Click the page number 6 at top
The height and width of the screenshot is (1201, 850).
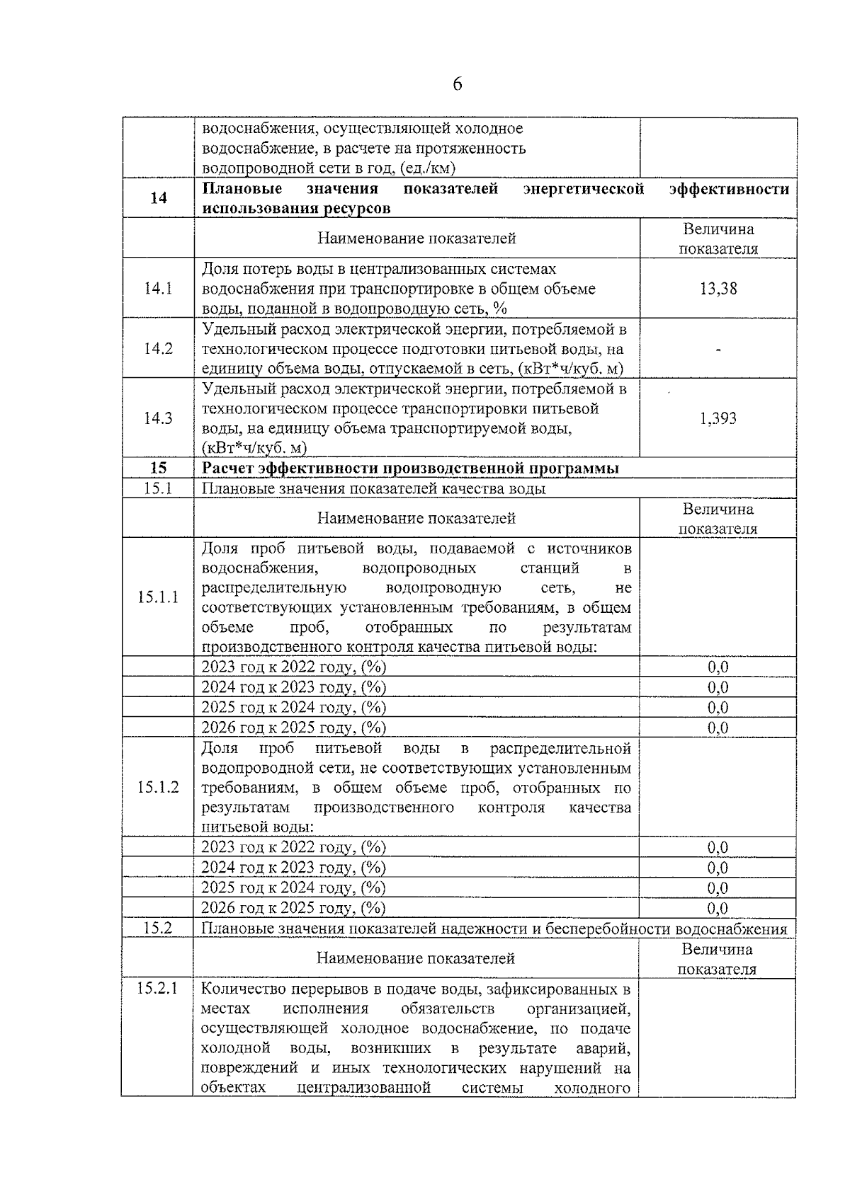pyautogui.click(x=457, y=85)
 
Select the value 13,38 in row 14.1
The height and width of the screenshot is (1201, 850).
pyautogui.click(x=718, y=289)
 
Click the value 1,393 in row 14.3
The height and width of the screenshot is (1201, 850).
pyautogui.click(x=718, y=419)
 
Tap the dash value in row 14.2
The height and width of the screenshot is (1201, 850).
pyautogui.click(x=718, y=350)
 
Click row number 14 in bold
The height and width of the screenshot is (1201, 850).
pyautogui.click(x=159, y=198)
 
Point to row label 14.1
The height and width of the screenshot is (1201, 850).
pyautogui.click(x=159, y=289)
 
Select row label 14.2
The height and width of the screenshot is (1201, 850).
pyautogui.click(x=159, y=349)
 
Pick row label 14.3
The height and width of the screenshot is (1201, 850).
pyautogui.click(x=159, y=418)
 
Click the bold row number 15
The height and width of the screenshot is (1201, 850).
pyautogui.click(x=159, y=469)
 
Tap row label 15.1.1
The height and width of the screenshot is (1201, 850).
pyautogui.click(x=159, y=597)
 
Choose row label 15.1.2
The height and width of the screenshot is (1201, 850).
pyautogui.click(x=159, y=787)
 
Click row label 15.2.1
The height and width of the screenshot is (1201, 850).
pyautogui.click(x=157, y=989)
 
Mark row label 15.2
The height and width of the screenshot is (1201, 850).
pyautogui.click(x=158, y=928)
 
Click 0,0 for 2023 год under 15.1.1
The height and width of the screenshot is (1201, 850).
pyautogui.click(x=718, y=667)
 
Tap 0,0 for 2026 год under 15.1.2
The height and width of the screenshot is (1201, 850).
pyautogui.click(x=718, y=908)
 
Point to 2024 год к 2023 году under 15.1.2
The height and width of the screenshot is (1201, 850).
pyautogui.click(x=293, y=868)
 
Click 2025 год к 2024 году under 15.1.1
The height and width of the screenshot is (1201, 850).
pyautogui.click(x=293, y=708)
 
